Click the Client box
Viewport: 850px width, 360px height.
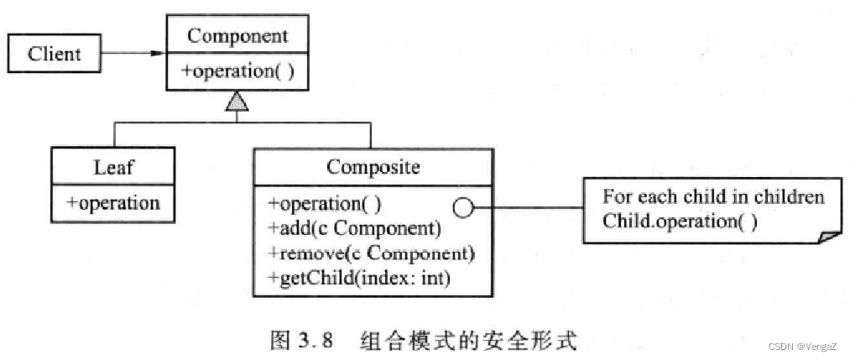[55, 55]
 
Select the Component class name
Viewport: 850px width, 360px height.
[237, 36]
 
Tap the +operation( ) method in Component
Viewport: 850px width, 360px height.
[237, 71]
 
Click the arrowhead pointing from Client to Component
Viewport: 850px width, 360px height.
[156, 54]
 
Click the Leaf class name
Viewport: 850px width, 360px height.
[113, 167]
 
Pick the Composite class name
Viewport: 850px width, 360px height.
[373, 167]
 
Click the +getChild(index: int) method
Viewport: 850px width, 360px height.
[359, 278]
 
